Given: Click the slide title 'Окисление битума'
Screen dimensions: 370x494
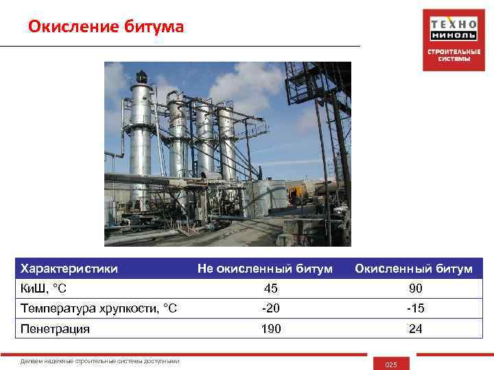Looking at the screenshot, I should tap(106, 27).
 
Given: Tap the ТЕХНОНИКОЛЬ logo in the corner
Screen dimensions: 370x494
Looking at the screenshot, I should tap(454, 29).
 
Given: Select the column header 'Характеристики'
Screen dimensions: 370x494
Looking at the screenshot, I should tap(69, 268).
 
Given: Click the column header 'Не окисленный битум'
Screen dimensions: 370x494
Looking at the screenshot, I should tap(265, 268).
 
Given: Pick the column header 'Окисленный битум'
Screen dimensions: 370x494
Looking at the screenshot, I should tap(413, 268).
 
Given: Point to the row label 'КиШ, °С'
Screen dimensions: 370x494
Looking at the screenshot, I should tap(43, 288).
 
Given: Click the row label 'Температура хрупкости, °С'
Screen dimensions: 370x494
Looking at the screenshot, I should tap(99, 308).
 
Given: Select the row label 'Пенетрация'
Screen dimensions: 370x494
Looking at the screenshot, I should tap(56, 329).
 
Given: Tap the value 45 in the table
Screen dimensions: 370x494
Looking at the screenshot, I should tap(270, 288).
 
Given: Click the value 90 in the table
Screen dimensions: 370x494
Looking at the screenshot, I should tap(415, 288).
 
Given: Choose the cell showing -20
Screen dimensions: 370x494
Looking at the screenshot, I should tap(270, 308).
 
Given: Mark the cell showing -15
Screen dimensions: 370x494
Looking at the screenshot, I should tap(415, 308).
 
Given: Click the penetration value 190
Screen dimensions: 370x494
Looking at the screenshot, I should tap(270, 329).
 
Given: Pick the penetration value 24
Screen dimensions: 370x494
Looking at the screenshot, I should tap(415, 329).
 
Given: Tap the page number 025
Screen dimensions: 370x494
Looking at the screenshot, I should tap(391, 364).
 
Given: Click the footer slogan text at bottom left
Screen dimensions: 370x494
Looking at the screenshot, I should tap(100, 362).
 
